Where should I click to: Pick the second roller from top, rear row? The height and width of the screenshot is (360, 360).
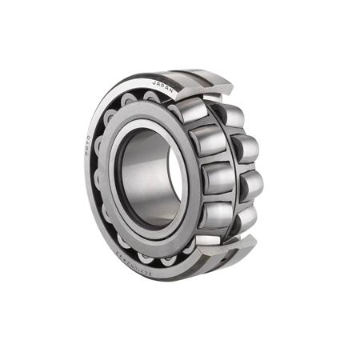pyautogui.click(x=243, y=148)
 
